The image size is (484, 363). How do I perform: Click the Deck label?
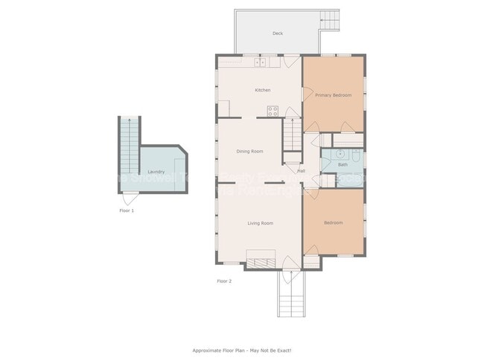[277, 33]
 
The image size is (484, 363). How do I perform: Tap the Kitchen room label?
[263, 90]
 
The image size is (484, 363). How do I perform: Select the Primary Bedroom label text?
[333, 95]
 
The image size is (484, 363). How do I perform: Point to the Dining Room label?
[249, 151]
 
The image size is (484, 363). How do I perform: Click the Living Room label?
[260, 223]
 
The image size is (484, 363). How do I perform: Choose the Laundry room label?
[156, 172]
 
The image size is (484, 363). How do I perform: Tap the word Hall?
[301, 171]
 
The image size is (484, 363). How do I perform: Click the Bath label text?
[343, 164]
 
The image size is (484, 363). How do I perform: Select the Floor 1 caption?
[127, 211]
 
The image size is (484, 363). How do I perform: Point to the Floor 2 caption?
[224, 281]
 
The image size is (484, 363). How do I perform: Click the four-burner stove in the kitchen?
[273, 112]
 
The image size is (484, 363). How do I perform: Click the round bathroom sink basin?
[340, 154]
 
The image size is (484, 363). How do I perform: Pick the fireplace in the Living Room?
[261, 262]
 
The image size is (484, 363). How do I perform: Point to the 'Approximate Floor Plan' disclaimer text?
[242, 350]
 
